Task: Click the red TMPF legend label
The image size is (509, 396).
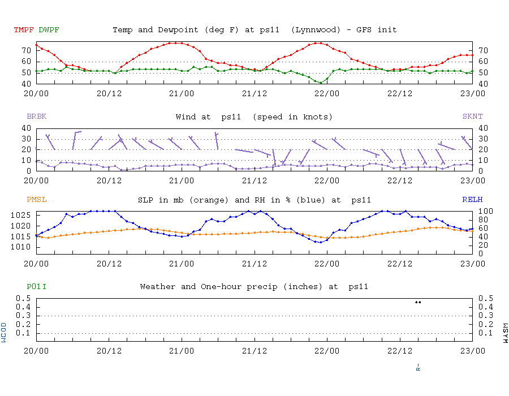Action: pos(24,29)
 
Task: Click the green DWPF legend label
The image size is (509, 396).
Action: pos(49,29)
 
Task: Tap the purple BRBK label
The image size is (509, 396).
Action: pos(36,117)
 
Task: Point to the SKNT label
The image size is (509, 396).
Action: pos(473,117)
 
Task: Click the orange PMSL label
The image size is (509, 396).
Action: pos(36,200)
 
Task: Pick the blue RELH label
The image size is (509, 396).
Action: pos(473,200)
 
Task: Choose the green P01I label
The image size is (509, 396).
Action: pos(36,287)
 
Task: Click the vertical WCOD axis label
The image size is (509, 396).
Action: pos(4,333)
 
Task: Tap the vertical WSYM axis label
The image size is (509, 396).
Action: pos(505,333)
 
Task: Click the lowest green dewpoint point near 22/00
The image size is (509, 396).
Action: pos(321,83)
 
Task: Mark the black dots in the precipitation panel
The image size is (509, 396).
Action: pos(418,302)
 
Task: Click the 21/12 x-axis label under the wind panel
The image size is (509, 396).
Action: pos(255,180)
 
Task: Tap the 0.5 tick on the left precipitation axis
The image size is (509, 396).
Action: pos(24,298)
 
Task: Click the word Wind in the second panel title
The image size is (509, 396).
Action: pos(186,117)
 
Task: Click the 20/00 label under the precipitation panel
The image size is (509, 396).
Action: pos(36,351)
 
